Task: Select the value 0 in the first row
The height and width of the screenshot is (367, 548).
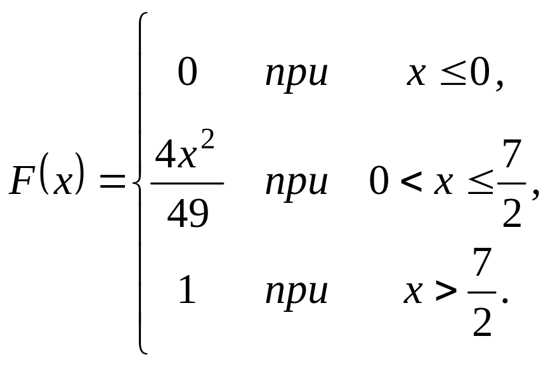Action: [188, 74]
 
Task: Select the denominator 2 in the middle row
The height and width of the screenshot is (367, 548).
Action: [511, 214]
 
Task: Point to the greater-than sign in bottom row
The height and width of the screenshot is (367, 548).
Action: [447, 292]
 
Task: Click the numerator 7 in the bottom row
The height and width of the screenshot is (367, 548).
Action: [483, 266]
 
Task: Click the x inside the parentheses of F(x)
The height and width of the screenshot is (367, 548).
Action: [63, 183]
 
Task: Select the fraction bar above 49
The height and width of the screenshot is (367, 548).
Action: [187, 183]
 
